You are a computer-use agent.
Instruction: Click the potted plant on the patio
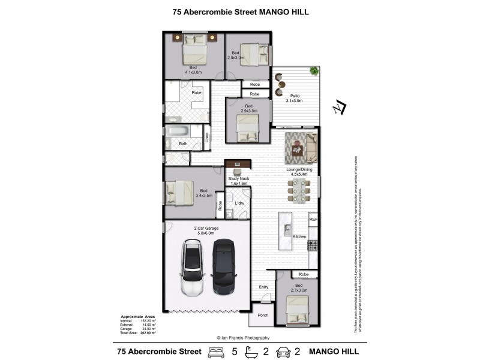pos(313,72)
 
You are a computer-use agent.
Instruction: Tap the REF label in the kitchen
pos(313,220)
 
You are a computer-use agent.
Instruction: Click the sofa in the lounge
pos(311,148)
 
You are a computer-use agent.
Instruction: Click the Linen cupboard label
pos(206,137)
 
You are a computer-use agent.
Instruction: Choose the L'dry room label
pos(239,203)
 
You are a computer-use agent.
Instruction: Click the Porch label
pos(262,315)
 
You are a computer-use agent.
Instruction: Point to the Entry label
pos(264,287)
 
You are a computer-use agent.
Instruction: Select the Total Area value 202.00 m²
pos(148,332)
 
